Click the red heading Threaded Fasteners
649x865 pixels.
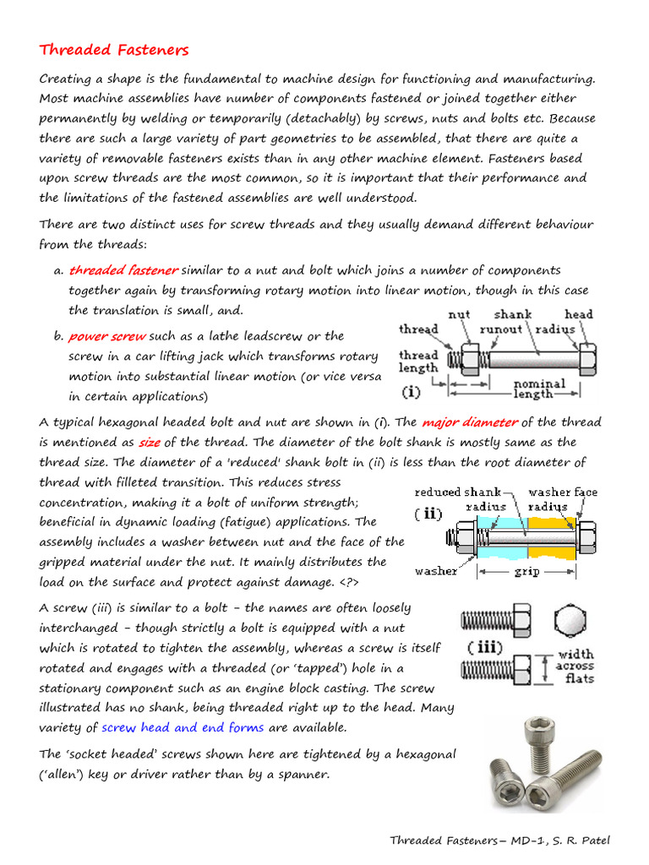114,50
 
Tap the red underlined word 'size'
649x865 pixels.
149,442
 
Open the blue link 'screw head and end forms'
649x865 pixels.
183,727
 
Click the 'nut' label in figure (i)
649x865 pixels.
459,314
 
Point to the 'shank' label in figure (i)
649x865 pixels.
513,314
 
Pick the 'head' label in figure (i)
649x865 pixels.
578,314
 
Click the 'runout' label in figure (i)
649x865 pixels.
501,329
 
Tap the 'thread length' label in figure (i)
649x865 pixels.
418,362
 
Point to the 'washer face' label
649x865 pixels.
562,492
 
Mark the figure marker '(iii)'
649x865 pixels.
485,648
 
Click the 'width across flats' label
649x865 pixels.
575,666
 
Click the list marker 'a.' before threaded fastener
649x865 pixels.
58,270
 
